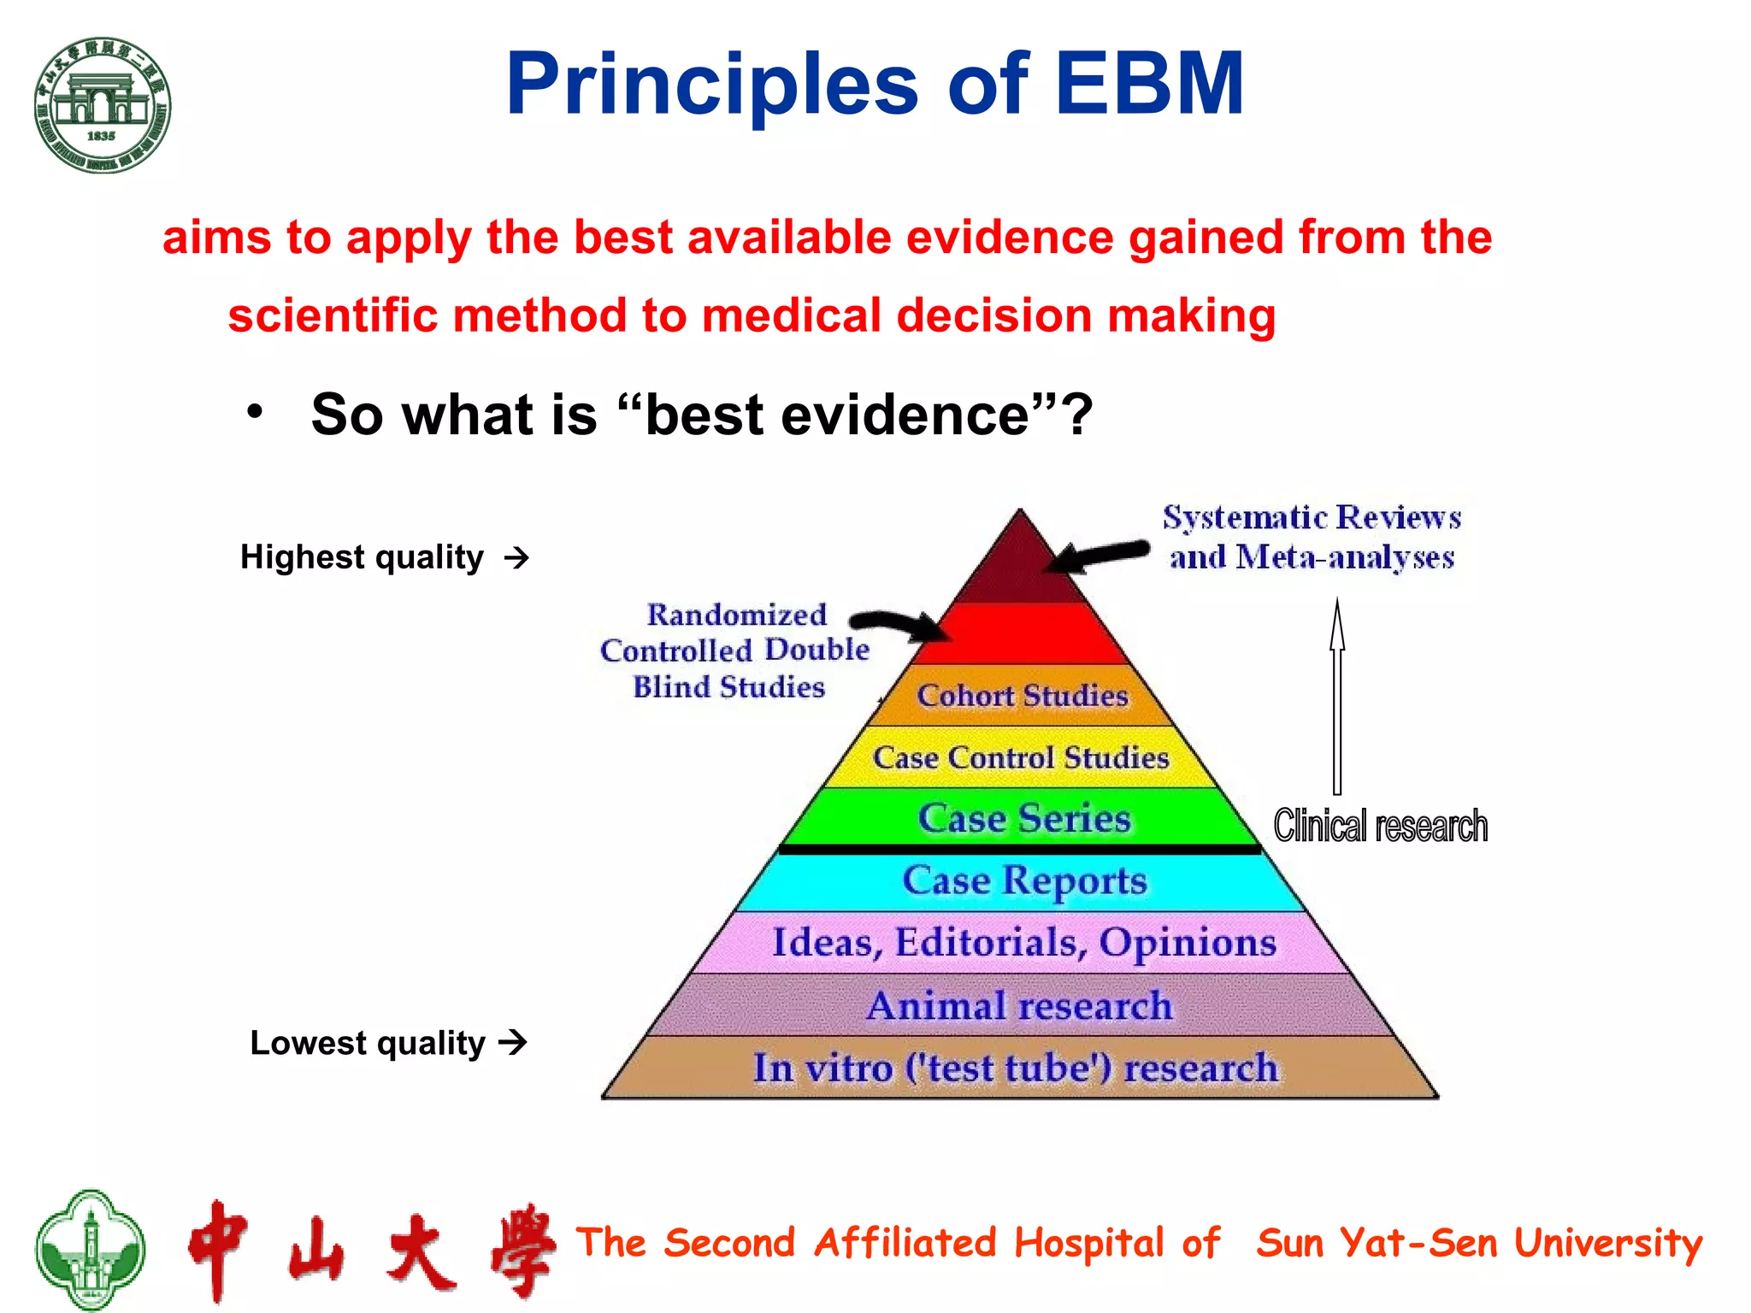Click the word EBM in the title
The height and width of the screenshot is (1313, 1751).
tap(1149, 84)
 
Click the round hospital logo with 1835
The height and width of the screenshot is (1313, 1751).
tap(103, 105)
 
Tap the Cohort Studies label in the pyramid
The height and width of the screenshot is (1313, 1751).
tap(1023, 696)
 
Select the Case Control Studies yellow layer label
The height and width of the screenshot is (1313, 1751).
tap(1021, 757)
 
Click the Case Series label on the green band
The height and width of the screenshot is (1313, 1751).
tap(1024, 818)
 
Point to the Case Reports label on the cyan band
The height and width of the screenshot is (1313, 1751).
tap(1024, 880)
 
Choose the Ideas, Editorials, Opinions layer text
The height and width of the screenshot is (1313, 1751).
tap(1023, 942)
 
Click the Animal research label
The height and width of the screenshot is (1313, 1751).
tap(1019, 1005)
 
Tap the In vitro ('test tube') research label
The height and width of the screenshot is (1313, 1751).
tap(1016, 1068)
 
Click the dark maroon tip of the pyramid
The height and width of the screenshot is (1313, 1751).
tap(1019, 564)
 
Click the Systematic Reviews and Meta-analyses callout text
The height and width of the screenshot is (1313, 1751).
tap(1312, 537)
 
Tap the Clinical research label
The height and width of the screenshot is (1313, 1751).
tap(1380, 826)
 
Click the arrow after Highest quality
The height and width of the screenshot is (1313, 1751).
tap(516, 558)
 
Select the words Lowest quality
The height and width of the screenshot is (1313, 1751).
tap(368, 1043)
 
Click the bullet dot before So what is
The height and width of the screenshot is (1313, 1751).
tap(255, 412)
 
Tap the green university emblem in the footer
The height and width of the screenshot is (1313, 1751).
tap(90, 1249)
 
